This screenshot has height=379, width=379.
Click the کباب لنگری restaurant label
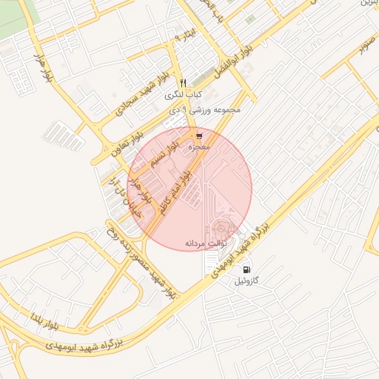184,95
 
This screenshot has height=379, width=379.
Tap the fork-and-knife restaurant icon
184,82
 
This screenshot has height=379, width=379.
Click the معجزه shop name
198,147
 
